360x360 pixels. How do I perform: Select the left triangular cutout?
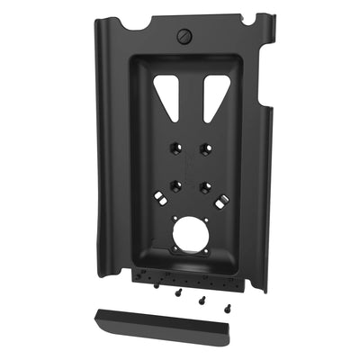pos(167,92)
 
